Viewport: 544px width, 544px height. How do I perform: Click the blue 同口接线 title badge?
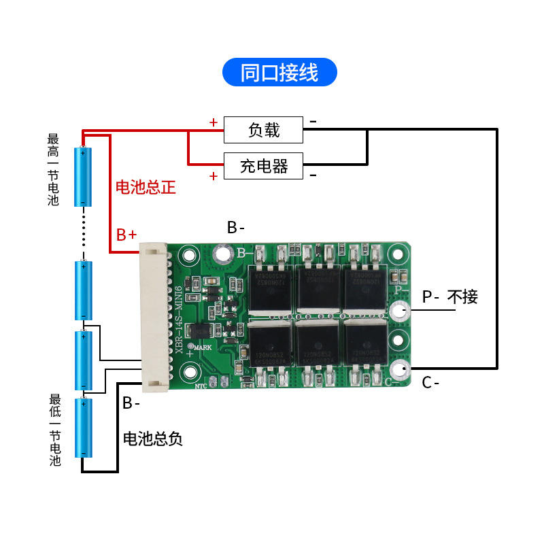tap(279, 72)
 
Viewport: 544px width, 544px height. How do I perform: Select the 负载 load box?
tap(264, 129)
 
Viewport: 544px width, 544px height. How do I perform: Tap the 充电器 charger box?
tap(264, 165)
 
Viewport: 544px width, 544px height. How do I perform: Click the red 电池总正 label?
tap(146, 188)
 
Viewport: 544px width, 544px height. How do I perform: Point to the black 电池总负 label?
tap(152, 439)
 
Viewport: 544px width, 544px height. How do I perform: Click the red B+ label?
tap(126, 235)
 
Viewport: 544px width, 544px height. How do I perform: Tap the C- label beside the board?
tap(430, 383)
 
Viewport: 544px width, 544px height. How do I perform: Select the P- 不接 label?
tap(449, 297)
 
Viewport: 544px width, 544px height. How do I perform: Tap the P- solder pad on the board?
tap(398, 311)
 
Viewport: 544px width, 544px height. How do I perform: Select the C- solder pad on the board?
tap(398, 369)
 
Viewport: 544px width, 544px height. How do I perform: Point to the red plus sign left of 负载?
tap(213, 123)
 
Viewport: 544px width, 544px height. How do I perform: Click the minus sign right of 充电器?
tap(313, 175)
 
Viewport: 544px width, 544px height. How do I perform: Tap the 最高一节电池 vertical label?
tap(54, 170)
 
